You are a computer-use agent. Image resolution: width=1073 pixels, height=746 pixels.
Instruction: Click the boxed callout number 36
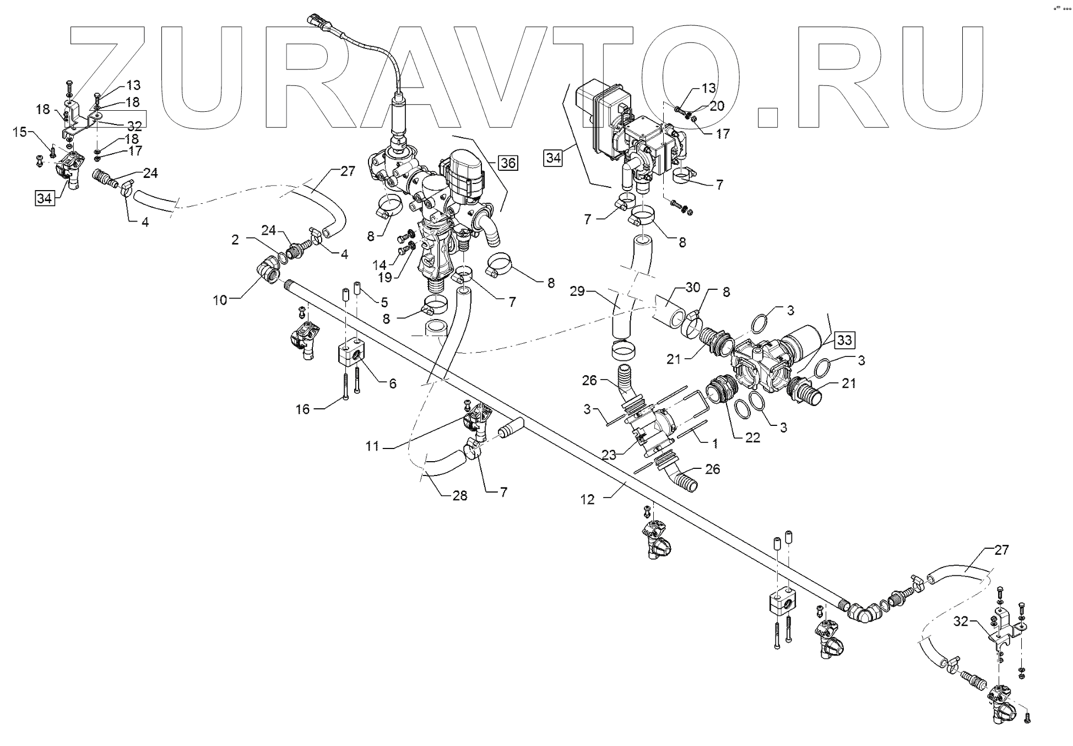pyautogui.click(x=507, y=163)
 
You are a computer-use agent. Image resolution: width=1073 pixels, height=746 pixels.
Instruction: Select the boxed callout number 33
pyautogui.click(x=844, y=340)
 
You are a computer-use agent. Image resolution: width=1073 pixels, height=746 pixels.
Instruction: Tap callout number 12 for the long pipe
pyautogui.click(x=588, y=499)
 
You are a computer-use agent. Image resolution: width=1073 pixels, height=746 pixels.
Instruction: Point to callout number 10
pyautogui.click(x=220, y=300)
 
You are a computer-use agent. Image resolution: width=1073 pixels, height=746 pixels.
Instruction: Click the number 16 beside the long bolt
pyautogui.click(x=303, y=409)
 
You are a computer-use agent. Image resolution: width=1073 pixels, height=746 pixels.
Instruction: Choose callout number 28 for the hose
pyautogui.click(x=459, y=495)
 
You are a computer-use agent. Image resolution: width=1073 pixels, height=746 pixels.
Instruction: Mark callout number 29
pyautogui.click(x=577, y=291)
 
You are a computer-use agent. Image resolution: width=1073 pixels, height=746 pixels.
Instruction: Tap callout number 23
pyautogui.click(x=609, y=455)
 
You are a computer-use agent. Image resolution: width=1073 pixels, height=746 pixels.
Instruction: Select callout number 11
pyautogui.click(x=373, y=446)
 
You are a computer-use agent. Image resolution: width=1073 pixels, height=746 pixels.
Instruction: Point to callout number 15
pyautogui.click(x=20, y=133)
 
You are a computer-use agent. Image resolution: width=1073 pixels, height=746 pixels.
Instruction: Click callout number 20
pyautogui.click(x=717, y=106)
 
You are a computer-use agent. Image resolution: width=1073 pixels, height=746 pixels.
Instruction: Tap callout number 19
pyautogui.click(x=385, y=277)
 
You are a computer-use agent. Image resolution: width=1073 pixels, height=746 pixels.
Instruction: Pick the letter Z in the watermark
pyautogui.click(x=107, y=83)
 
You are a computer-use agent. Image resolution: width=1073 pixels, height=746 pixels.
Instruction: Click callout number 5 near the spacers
pyautogui.click(x=384, y=302)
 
